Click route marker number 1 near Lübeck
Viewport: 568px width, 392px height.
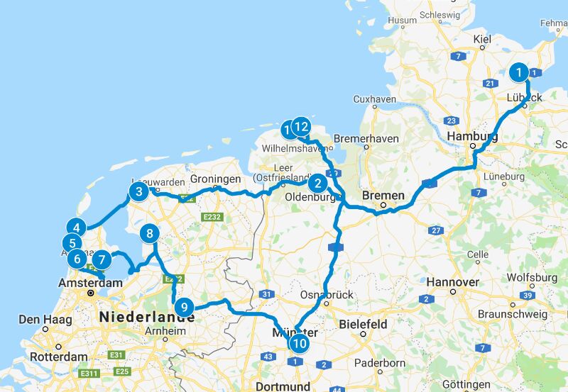point(520,72)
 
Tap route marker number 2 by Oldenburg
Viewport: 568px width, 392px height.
point(317,184)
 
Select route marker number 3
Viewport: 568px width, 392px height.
point(138,191)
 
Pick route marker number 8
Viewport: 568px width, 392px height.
point(149,233)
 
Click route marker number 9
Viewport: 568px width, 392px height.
point(184,308)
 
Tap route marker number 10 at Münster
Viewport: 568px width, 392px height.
point(300,344)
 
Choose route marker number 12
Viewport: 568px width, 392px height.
point(301,127)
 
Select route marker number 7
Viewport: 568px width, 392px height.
point(102,260)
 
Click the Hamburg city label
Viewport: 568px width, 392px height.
point(471,137)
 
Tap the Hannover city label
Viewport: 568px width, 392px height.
point(452,282)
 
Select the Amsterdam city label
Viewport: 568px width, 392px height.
point(89,282)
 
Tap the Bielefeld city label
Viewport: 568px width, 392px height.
point(363,324)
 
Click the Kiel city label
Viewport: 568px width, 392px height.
point(482,39)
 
